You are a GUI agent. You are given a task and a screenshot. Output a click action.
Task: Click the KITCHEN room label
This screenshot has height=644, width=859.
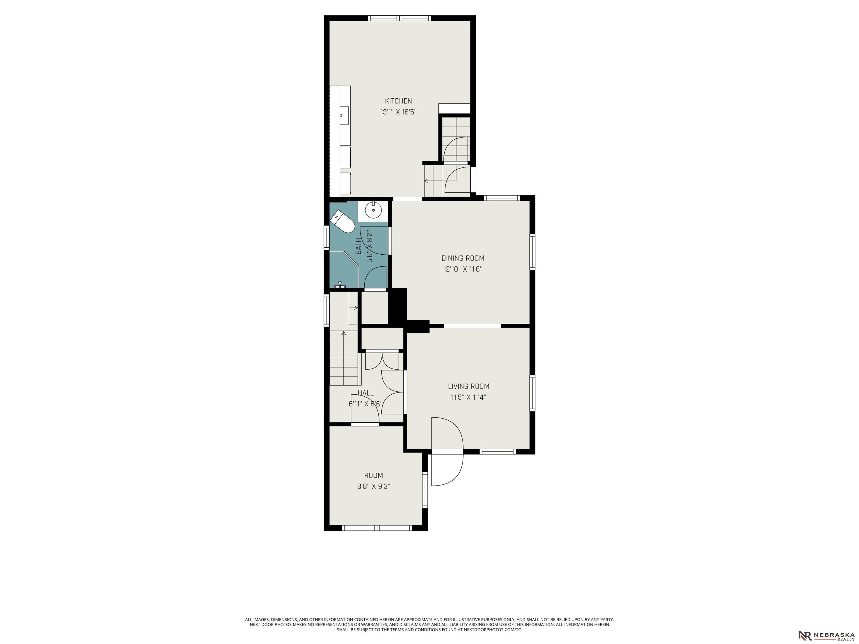[398, 101]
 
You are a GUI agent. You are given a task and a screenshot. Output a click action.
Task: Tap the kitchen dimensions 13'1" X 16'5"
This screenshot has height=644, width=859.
[398, 112]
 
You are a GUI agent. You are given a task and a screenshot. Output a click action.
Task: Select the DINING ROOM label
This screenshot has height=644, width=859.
[463, 258]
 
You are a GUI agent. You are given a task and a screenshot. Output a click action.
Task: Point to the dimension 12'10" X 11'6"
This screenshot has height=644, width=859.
[463, 269]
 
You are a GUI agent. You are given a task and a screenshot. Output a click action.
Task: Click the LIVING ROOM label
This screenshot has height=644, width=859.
[468, 386]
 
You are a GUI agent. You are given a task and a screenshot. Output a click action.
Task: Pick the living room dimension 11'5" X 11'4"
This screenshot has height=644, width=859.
[468, 397]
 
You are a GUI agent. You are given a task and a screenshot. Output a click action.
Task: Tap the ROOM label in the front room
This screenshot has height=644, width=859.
[374, 475]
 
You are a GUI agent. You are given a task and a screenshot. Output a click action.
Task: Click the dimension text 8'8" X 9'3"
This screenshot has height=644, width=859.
[374, 486]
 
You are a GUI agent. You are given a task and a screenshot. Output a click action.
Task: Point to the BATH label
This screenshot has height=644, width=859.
[358, 246]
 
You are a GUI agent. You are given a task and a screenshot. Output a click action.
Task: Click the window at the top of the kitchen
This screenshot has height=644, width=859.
[399, 18]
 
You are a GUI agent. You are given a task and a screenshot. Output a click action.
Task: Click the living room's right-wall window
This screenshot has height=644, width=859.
[532, 393]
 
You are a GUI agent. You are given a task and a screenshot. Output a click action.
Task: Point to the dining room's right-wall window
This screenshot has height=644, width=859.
[532, 252]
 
